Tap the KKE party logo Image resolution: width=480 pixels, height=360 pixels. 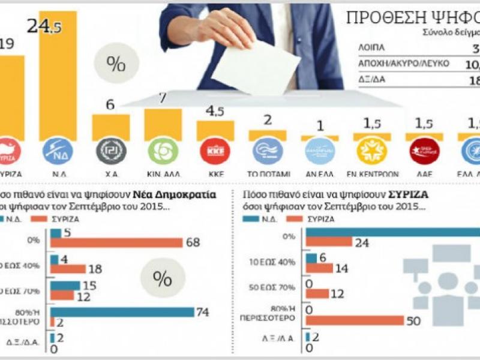tap(215, 151)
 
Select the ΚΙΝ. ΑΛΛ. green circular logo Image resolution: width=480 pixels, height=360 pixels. tap(163, 151)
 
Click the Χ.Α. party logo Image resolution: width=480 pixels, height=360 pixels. tap(110, 151)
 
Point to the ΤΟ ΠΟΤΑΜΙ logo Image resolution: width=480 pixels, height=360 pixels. tap(268, 151)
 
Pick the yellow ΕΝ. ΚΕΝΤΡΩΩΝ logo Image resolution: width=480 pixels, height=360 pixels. tap(372, 151)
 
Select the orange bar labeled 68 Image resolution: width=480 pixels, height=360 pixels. tap(116, 242)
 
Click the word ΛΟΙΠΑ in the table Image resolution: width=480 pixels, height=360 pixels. tap(373, 47)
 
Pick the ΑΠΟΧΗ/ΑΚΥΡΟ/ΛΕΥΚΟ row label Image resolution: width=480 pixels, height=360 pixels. tap(404, 63)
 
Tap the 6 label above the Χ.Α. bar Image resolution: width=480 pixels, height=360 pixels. tap(110, 105)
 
